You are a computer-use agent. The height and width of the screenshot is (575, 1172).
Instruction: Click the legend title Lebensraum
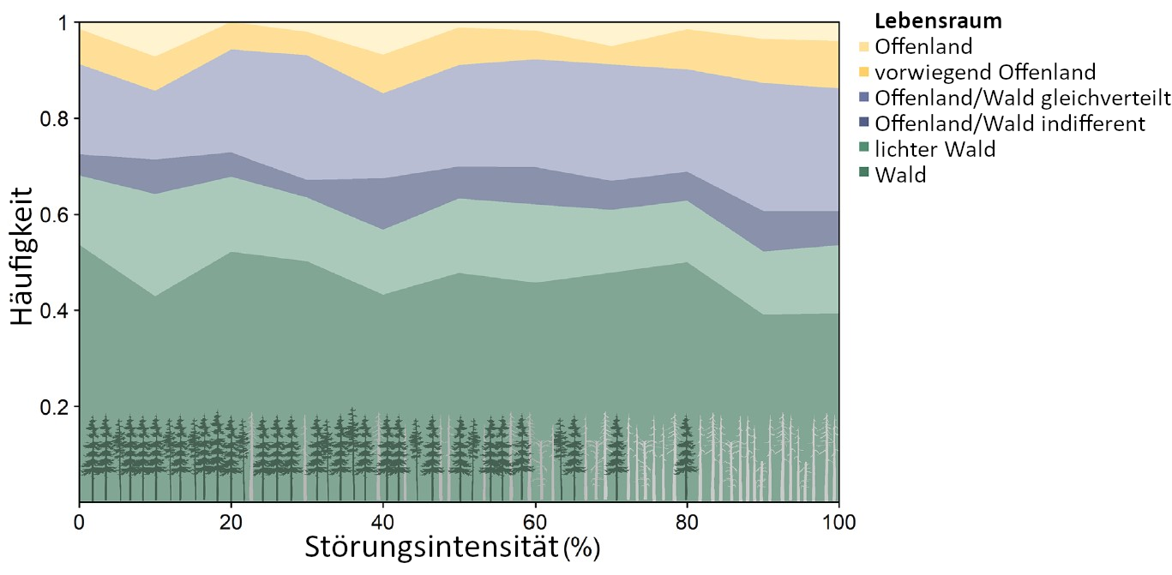pyautogui.click(x=938, y=21)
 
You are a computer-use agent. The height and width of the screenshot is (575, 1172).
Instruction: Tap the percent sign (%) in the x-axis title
pyautogui.click(x=582, y=548)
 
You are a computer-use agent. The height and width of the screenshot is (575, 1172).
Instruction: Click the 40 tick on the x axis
pyautogui.click(x=382, y=520)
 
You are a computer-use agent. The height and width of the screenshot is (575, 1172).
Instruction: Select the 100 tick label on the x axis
pyautogui.click(x=838, y=520)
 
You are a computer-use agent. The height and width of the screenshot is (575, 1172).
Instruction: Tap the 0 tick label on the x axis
pyautogui.click(x=80, y=520)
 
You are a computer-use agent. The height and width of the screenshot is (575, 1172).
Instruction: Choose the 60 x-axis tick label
pyautogui.click(x=534, y=520)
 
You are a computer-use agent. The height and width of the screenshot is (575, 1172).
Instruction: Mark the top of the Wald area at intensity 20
pyautogui.click(x=231, y=252)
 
